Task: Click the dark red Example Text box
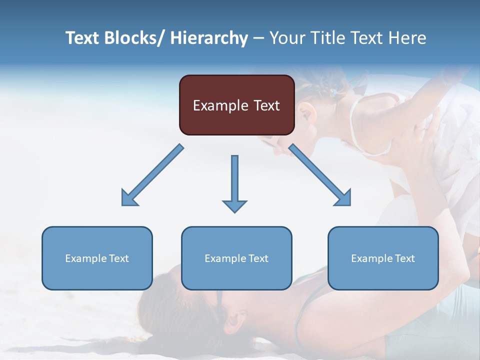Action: tap(236, 105)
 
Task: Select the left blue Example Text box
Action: tap(97, 258)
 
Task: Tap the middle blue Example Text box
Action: tap(236, 258)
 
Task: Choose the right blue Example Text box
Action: tap(383, 258)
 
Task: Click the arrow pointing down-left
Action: tap(152, 175)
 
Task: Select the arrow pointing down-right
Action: tap(320, 175)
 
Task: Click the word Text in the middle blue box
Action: tap(258, 258)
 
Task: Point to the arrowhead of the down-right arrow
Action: tap(344, 198)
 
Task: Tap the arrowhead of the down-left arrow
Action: tap(128, 198)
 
